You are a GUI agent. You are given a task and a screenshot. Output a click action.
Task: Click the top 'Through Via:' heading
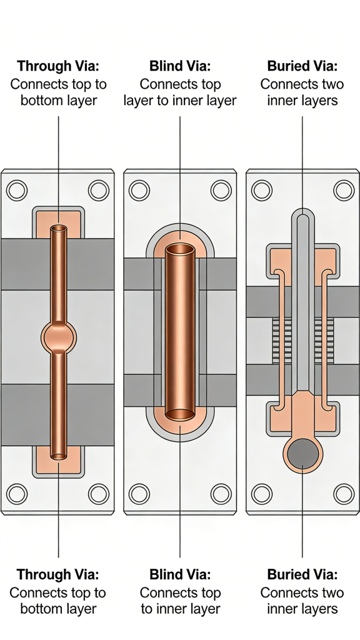point(57,66)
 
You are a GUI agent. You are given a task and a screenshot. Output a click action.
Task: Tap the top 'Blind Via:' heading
point(180,66)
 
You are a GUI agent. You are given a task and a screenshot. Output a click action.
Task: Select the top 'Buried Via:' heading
point(302,66)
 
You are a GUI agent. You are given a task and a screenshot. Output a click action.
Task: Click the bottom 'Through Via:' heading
point(57,574)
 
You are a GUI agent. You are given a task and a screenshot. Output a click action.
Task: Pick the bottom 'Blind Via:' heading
point(180,574)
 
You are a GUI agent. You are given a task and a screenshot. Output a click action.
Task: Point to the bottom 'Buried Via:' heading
point(302,574)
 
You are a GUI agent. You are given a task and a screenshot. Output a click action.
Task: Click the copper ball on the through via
point(58,337)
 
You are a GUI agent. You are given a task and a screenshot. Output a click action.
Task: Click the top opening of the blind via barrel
point(180,249)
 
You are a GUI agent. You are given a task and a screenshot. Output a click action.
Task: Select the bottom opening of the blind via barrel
point(180,414)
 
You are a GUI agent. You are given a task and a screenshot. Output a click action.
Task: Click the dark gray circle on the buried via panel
point(302,452)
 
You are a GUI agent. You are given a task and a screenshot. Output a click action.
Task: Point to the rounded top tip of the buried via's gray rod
point(302,219)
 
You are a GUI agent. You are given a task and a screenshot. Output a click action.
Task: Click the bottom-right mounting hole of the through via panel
point(99,494)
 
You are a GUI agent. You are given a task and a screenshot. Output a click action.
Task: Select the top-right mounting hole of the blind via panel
point(221,189)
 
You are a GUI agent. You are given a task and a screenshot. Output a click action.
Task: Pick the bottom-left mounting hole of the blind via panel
point(139,494)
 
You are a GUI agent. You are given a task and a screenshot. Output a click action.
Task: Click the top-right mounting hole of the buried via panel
point(344,189)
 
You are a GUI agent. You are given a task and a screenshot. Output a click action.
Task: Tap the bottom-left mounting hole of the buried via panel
point(261,494)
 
